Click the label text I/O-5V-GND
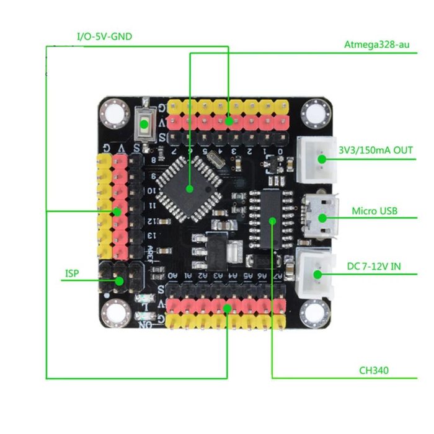(x=104, y=37)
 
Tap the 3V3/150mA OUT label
(x=375, y=151)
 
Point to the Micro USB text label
(x=374, y=211)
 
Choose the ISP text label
(x=72, y=273)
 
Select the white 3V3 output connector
(x=317, y=160)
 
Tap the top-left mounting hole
(x=113, y=113)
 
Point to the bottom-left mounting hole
(x=113, y=314)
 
